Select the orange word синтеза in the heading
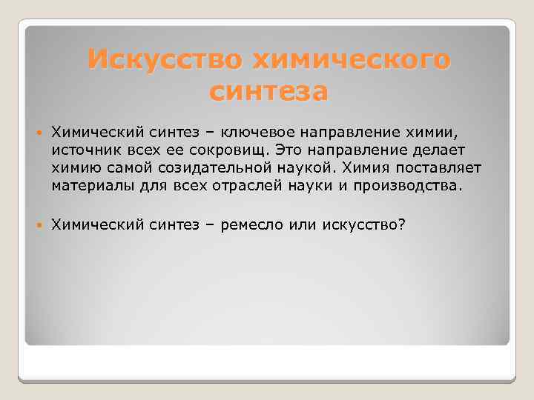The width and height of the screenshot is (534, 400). coord(268,92)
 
